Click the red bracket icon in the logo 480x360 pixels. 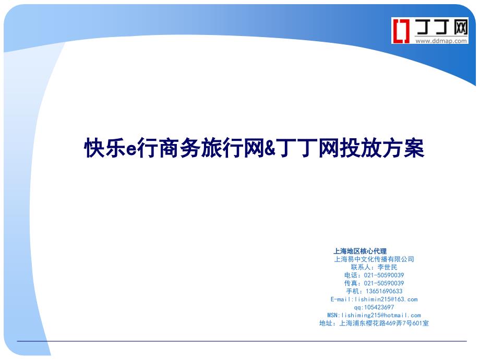click(x=402, y=30)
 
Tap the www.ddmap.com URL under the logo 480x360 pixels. click(x=441, y=41)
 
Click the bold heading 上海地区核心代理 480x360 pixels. click(x=360, y=251)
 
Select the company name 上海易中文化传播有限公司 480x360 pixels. click(x=374, y=259)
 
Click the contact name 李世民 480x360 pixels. click(x=387, y=267)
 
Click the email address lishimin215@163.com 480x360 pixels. click(x=386, y=299)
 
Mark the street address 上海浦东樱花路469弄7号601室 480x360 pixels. click(x=384, y=323)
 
